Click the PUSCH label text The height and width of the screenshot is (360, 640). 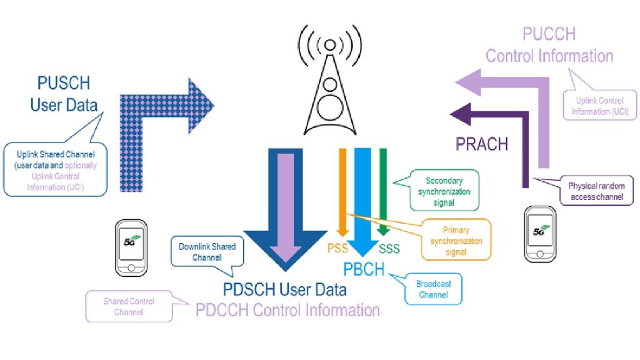64,84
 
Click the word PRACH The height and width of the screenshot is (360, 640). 481,144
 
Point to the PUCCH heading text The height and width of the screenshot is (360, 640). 549,34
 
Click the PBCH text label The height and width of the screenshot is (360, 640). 364,269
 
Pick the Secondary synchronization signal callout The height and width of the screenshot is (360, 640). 444,189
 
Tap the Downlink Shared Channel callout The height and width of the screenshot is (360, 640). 207,251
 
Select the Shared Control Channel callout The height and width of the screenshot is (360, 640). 129,306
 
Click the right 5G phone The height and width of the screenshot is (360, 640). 539,234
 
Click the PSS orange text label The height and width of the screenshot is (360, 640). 337,249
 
